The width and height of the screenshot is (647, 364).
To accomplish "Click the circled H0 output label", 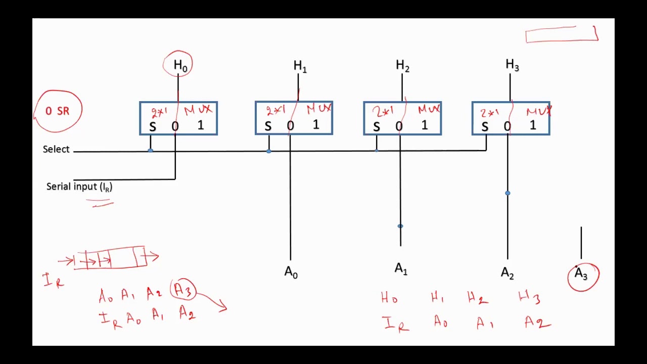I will tap(179, 65).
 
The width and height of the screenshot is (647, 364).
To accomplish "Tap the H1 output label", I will tap(300, 66).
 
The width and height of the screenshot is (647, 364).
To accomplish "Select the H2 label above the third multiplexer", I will tap(402, 65).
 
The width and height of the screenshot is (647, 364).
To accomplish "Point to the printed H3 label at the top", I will tap(512, 65).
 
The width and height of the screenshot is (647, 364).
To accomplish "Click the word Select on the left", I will tap(56, 149).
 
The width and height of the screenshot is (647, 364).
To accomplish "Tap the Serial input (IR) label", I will tap(79, 187).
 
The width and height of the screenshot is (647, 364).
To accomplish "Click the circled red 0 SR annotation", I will tap(58, 111).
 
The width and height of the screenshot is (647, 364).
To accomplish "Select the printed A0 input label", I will tap(291, 272).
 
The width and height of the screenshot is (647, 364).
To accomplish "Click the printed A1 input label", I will tap(401, 269).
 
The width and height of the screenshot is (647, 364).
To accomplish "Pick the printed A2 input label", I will tap(507, 273).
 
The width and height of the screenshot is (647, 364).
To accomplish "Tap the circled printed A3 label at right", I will tap(581, 274).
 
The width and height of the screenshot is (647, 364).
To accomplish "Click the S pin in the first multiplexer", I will tap(153, 127).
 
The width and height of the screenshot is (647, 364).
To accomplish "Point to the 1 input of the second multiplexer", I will tap(316, 125).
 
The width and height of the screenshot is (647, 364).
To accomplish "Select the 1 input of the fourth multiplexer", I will tap(533, 125).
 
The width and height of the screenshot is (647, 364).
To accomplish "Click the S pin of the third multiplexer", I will tap(377, 127).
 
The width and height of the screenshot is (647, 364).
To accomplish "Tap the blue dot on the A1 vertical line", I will tap(400, 226).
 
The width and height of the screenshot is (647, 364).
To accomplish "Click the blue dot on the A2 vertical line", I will tap(507, 193).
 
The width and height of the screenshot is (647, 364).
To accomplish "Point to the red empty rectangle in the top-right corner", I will tap(562, 35).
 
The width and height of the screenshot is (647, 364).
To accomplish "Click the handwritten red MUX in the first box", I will tap(199, 110).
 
